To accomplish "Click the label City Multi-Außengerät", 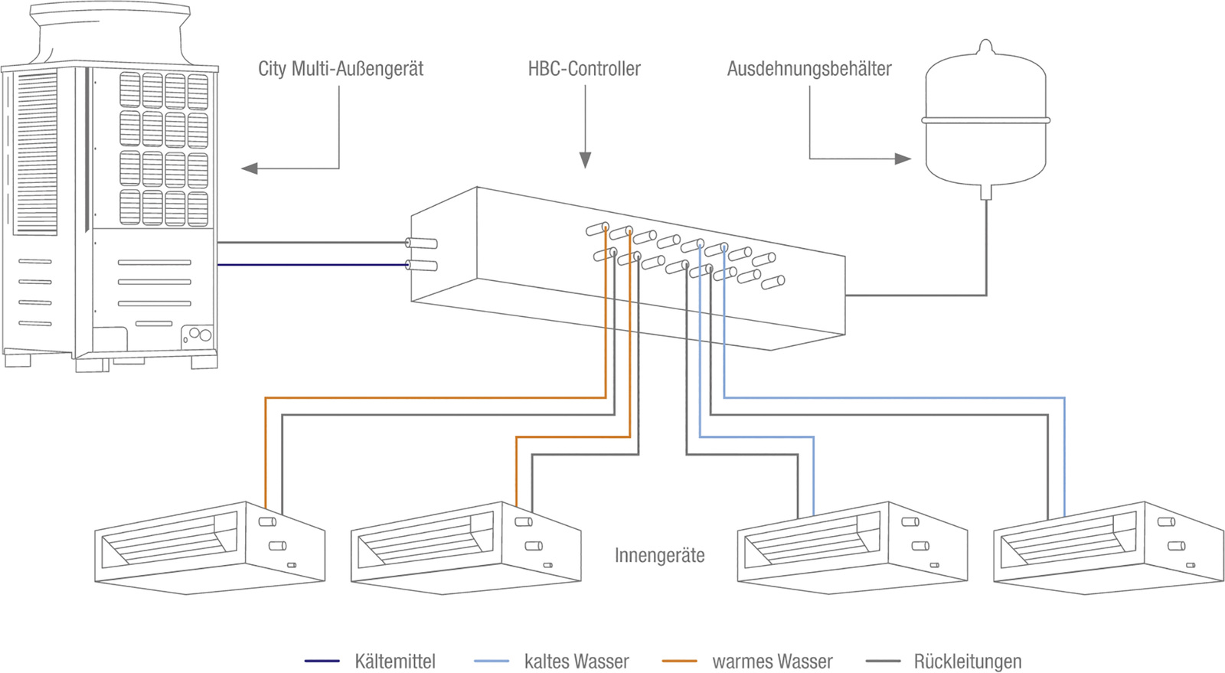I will [x=340, y=69].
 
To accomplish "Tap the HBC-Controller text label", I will [x=584, y=69].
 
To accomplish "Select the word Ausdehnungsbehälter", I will [x=809, y=69].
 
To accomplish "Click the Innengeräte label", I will [x=659, y=555].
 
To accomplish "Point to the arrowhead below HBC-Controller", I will [x=585, y=160].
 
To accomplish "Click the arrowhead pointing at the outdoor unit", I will [x=250, y=168].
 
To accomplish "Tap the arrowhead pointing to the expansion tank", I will [x=903, y=158].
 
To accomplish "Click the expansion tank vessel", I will [x=985, y=123].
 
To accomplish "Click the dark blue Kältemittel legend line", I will [x=322, y=661].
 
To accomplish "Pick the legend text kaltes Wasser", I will [x=577, y=661].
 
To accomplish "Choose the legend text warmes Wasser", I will [x=772, y=661].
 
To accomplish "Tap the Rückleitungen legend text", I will [x=967, y=661].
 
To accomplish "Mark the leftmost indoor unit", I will [x=209, y=547].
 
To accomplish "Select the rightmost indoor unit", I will [x=1108, y=547].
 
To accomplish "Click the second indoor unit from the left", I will [x=465, y=547].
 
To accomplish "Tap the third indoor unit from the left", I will [x=851, y=547].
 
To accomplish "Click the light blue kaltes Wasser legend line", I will [x=492, y=661].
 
